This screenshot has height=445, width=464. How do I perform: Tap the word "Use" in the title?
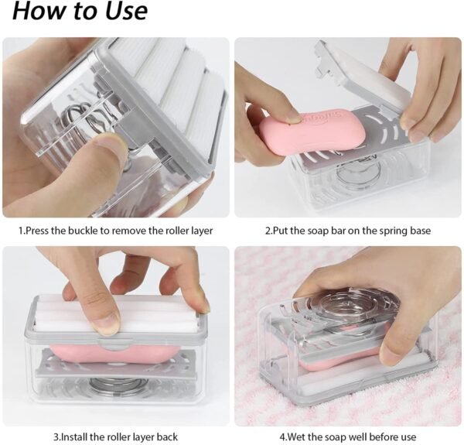121,12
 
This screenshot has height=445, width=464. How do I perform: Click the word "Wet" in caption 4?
298,436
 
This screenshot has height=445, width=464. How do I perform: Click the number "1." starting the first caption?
22,231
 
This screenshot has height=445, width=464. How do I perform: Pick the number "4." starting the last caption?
282,436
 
